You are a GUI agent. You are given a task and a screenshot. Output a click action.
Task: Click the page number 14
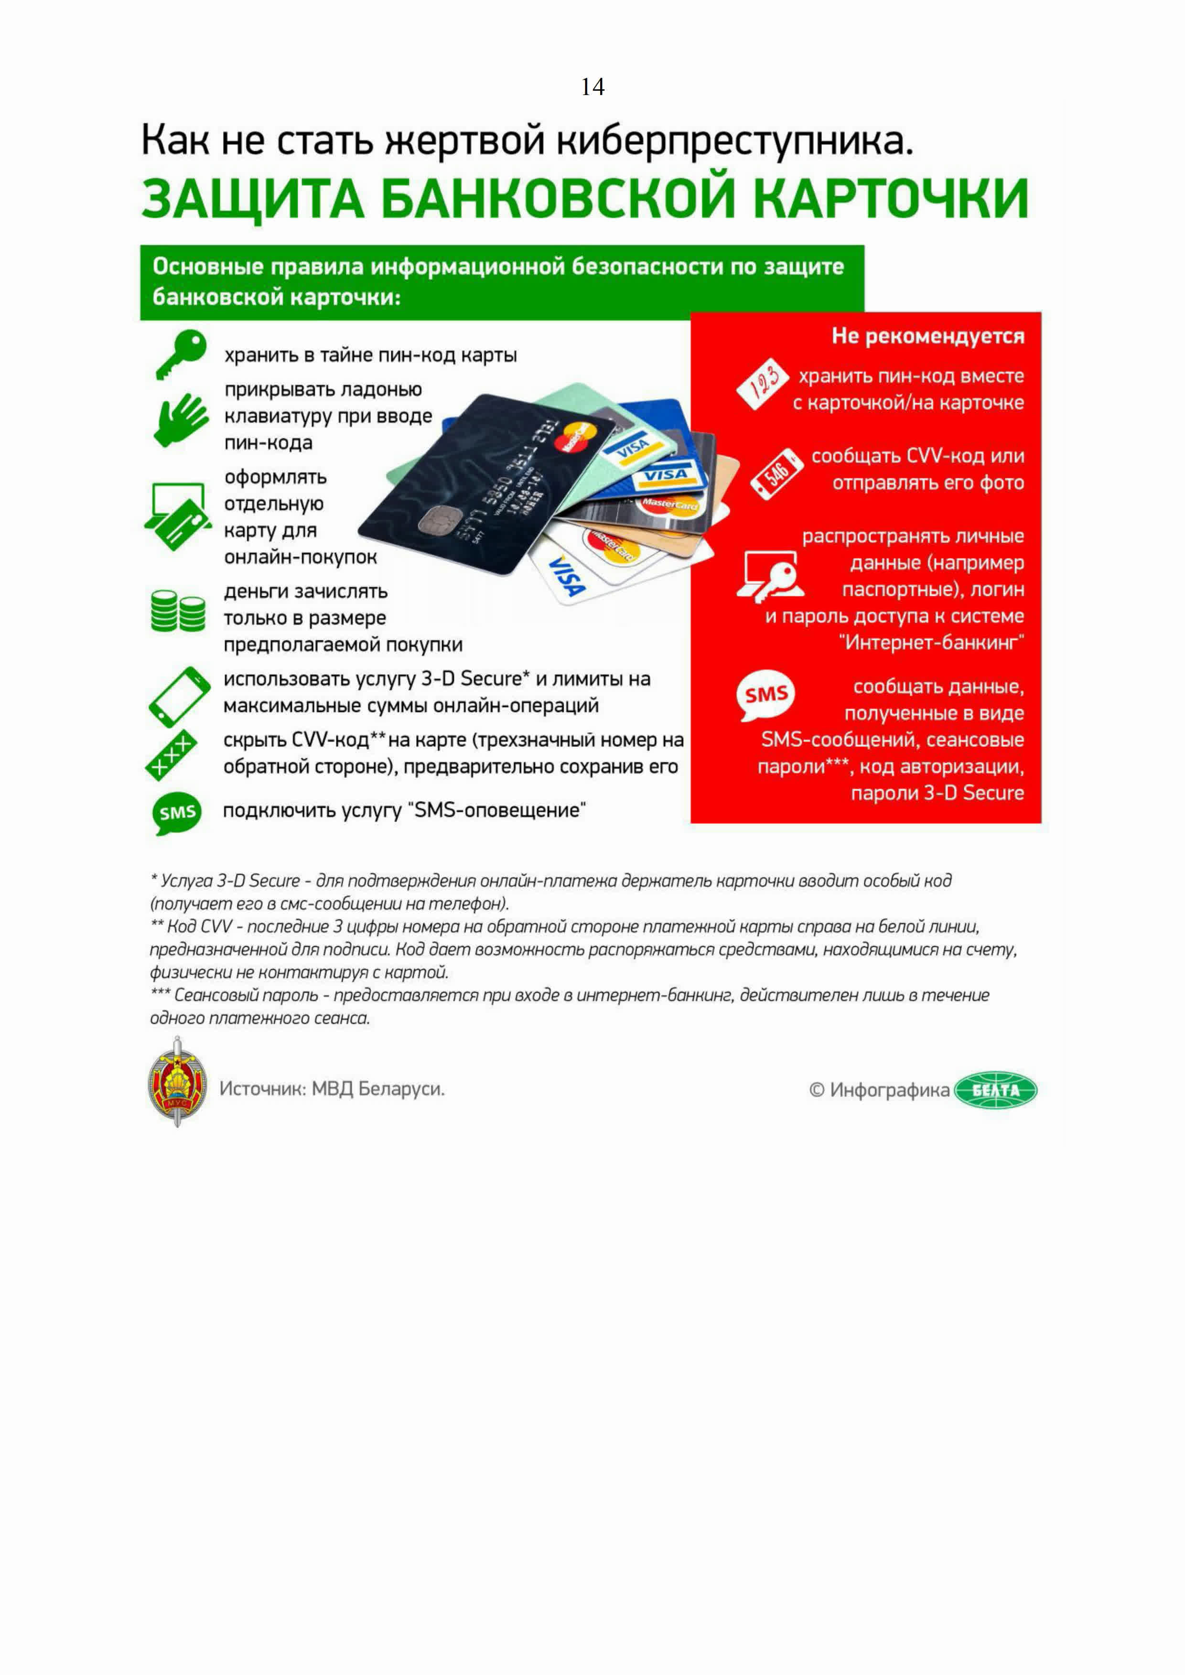pyautogui.click(x=592, y=87)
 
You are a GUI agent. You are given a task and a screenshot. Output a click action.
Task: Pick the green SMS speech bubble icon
pyautogui.click(x=177, y=812)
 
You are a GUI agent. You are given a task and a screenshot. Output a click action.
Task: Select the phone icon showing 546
pyautogui.click(x=776, y=474)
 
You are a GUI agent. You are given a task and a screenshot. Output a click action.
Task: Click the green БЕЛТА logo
pyautogui.click(x=995, y=1090)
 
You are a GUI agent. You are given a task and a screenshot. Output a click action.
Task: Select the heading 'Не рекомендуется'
pyautogui.click(x=927, y=336)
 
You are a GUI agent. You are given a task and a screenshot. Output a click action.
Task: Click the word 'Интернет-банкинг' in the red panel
pyautogui.click(x=932, y=642)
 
